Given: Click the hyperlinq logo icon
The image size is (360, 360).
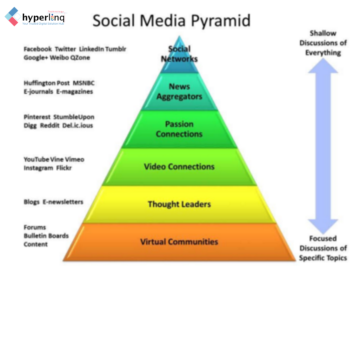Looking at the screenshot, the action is click(x=12, y=16).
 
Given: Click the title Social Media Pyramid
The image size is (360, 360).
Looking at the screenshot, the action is click(x=171, y=21).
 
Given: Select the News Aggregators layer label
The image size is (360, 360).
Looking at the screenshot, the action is click(x=179, y=92).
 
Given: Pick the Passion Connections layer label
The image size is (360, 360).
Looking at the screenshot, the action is click(x=179, y=129).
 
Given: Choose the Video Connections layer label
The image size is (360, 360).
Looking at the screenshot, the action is click(x=179, y=167).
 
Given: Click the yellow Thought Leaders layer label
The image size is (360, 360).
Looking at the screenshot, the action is click(x=179, y=204).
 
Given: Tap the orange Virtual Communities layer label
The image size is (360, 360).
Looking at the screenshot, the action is click(x=179, y=242).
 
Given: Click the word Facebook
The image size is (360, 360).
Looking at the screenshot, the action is click(x=38, y=49).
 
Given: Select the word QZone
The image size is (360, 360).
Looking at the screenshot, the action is click(x=80, y=58).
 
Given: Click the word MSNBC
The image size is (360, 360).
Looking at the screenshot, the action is click(x=84, y=83).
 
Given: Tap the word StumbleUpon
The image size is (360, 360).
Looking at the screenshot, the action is click(x=74, y=117).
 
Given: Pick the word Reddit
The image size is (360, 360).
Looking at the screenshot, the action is click(x=50, y=126).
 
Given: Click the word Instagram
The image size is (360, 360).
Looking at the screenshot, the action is click(x=38, y=168).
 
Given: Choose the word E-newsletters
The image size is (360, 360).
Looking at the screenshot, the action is click(x=63, y=202).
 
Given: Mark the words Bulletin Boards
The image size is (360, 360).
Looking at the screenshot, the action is click(x=46, y=236).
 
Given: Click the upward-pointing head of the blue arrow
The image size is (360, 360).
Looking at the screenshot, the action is click(x=323, y=66).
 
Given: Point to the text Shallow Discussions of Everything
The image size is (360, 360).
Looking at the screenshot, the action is click(x=323, y=43).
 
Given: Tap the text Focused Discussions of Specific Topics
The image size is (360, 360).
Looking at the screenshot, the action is click(x=323, y=248).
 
